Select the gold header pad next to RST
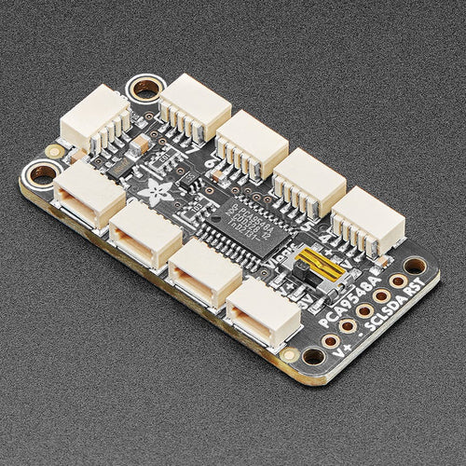click(397, 280)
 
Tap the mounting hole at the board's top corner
click(145, 89)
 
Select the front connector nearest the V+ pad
click(264, 310)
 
